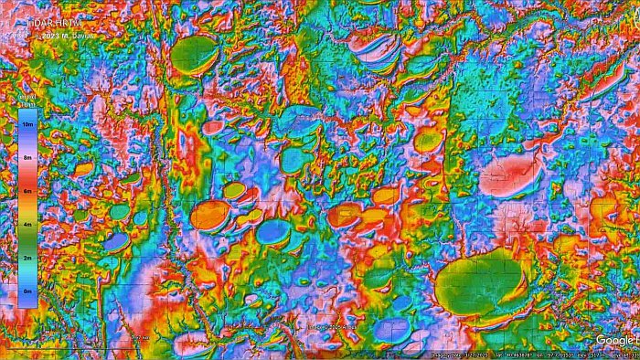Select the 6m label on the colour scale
(28, 190)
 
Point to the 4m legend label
(28, 224)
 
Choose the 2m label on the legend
(28, 258)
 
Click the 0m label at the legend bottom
(28, 291)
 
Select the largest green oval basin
(477, 281)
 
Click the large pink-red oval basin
(508, 175)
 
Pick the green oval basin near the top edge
(195, 54)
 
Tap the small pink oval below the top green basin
(212, 128)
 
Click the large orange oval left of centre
(211, 216)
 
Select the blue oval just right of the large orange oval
(272, 231)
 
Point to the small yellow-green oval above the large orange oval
(235, 190)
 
